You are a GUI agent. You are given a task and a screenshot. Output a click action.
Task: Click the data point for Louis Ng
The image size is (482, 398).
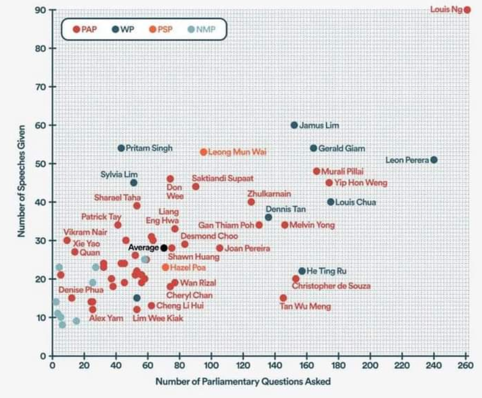(x=468, y=9)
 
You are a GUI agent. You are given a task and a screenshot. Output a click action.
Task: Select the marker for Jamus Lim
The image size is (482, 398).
(x=294, y=125)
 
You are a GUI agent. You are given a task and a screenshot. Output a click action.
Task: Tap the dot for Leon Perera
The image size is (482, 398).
(x=434, y=160)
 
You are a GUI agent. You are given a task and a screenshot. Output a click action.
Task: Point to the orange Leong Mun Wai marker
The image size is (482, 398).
(x=204, y=152)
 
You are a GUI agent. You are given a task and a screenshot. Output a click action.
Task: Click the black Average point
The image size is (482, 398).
(x=164, y=247)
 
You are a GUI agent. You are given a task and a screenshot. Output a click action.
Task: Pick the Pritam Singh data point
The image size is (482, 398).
(x=121, y=148)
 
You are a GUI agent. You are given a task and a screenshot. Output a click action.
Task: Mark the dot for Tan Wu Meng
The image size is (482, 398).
(x=283, y=298)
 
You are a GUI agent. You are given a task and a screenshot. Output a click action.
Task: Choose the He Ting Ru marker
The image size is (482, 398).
(x=302, y=271)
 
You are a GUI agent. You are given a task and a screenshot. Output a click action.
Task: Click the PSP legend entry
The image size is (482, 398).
(x=161, y=29)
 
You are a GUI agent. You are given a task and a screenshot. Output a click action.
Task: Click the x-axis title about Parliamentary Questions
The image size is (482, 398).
(x=243, y=381)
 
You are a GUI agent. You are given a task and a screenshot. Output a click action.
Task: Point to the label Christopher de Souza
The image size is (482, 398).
(x=331, y=286)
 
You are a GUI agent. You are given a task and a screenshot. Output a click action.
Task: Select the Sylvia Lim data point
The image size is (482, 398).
(x=134, y=182)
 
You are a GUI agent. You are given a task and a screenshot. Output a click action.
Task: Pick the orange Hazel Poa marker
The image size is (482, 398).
(x=165, y=267)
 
